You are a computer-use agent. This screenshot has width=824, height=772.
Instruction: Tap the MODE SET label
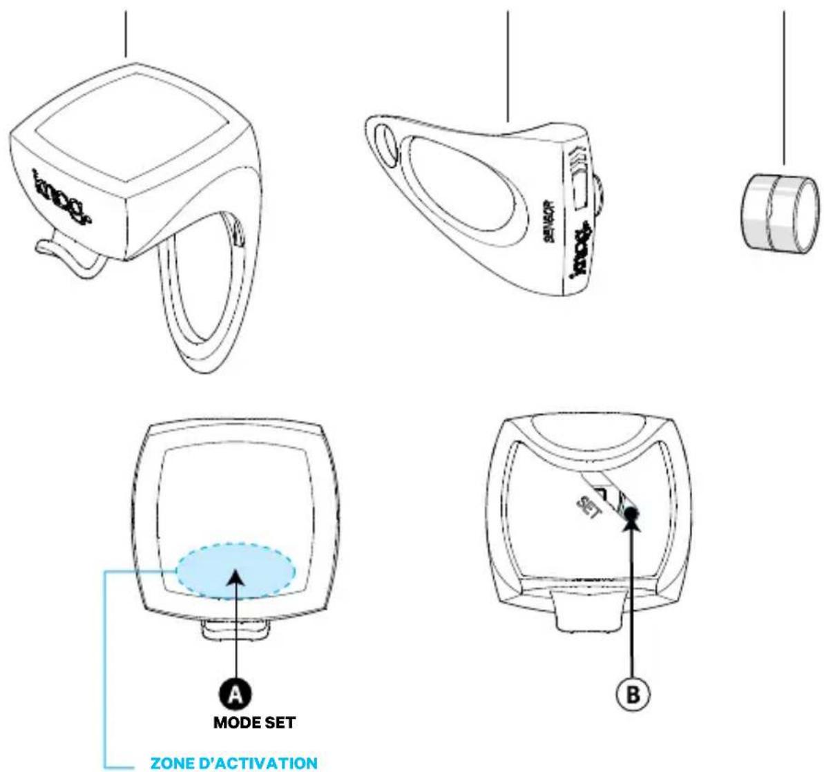coord(254,723)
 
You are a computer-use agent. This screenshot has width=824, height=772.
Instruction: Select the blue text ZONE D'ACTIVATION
coord(234,763)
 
